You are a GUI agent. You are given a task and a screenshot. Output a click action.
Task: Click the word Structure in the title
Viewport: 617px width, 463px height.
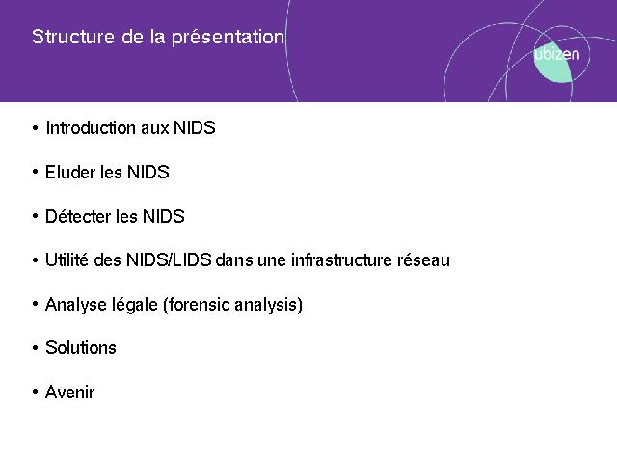73,37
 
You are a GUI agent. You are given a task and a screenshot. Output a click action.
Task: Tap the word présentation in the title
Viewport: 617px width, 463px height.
228,38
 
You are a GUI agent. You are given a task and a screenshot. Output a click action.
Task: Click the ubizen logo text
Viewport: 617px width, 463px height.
556,54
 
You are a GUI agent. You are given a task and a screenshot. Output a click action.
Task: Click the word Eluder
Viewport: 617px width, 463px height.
70,172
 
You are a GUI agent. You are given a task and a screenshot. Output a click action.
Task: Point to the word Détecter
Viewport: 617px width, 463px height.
78,216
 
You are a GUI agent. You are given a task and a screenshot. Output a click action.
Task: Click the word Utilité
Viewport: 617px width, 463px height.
67,259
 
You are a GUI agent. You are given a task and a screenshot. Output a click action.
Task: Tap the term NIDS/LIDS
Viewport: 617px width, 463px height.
169,259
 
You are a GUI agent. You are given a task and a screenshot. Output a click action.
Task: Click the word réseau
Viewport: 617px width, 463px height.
423,260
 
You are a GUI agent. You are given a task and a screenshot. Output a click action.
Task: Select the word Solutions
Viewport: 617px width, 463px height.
81,348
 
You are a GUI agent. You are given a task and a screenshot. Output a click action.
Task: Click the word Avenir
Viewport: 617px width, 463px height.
70,393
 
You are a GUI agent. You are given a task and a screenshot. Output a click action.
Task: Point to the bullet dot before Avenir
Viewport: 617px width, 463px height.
36,392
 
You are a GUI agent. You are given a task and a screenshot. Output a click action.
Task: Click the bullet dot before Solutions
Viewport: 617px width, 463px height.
36,348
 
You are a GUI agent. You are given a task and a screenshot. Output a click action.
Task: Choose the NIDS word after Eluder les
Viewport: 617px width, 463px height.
148,172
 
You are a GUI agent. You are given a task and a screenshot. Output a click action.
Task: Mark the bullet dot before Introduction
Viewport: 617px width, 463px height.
36,128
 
